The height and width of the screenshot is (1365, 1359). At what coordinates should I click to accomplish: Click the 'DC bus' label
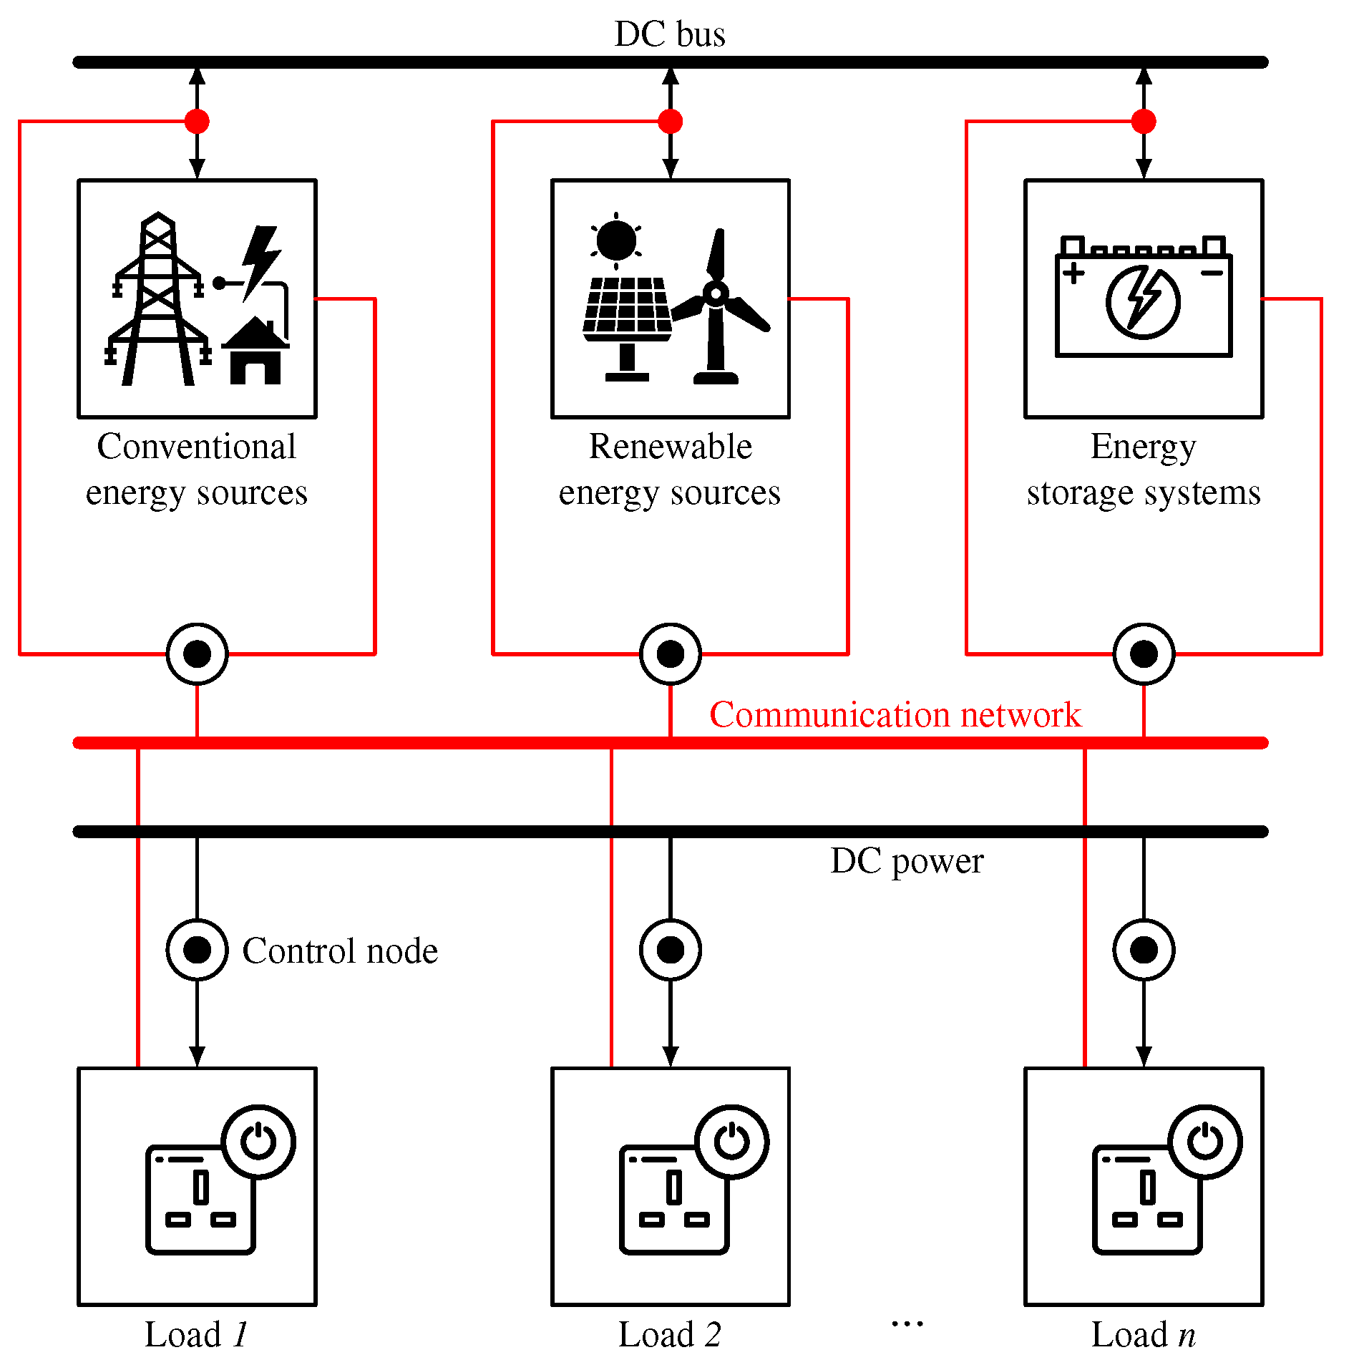(670, 34)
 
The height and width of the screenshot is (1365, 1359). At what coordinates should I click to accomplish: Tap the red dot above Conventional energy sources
(197, 122)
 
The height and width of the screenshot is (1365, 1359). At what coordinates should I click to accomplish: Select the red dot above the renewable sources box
(670, 122)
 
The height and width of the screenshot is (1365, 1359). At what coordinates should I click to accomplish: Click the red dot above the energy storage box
(1144, 122)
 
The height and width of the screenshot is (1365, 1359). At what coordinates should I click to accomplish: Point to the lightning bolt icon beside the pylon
(261, 262)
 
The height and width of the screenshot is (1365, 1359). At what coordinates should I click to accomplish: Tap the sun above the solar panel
(615, 240)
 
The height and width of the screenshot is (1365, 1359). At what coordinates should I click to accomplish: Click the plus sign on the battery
(1073, 273)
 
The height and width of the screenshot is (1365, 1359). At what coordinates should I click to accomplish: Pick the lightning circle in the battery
(1143, 301)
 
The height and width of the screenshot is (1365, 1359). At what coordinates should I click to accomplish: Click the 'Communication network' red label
(895, 714)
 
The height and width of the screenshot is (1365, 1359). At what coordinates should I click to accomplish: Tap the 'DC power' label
(907, 861)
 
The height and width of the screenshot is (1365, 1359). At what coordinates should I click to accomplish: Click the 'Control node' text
(340, 951)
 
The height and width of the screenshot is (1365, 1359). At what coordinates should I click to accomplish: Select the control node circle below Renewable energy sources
(670, 654)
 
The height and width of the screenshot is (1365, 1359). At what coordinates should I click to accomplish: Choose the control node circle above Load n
(1144, 950)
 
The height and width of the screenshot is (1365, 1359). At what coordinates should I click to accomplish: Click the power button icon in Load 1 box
(258, 1142)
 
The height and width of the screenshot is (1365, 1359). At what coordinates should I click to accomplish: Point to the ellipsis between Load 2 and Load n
(907, 1323)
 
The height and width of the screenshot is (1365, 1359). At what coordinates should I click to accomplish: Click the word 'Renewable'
(670, 447)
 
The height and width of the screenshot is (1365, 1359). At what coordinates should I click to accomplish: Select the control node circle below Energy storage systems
(1144, 654)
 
